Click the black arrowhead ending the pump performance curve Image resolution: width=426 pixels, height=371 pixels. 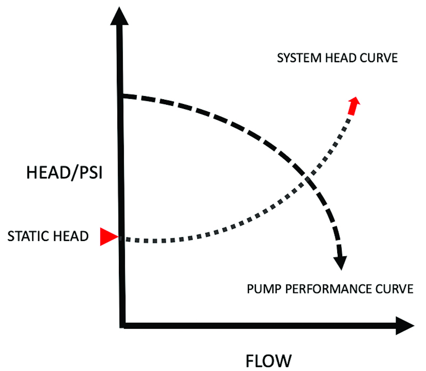341,262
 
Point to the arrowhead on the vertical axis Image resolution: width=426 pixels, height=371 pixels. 119,17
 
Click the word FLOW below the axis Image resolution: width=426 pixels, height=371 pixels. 268,361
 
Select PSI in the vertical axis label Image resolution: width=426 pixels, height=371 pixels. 91,173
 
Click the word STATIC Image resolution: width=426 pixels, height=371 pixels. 29,236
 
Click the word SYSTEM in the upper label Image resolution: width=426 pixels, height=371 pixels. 299,58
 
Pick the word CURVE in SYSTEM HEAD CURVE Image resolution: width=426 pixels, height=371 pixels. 379,58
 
